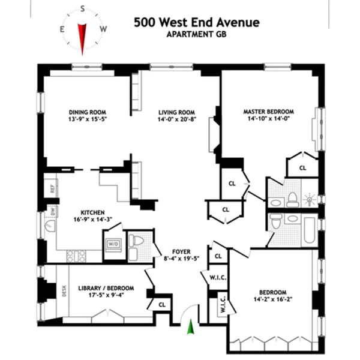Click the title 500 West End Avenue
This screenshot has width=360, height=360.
(x=197, y=22)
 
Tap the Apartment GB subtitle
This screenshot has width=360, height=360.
(x=197, y=34)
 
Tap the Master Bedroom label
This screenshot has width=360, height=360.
(x=268, y=112)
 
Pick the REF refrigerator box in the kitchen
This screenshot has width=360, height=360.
(x=52, y=188)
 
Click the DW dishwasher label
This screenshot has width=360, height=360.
(x=52, y=211)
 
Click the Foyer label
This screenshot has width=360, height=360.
(x=181, y=251)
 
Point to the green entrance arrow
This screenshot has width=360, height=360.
(x=191, y=327)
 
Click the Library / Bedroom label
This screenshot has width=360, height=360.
(x=106, y=289)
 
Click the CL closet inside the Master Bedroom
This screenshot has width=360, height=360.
(x=302, y=169)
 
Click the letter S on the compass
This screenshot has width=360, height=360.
(x=82, y=10)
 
